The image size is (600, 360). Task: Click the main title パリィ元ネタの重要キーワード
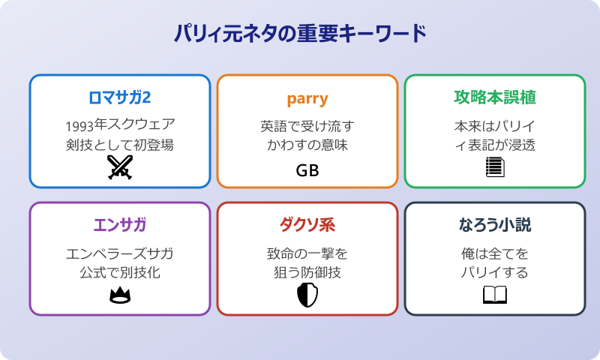click(300, 34)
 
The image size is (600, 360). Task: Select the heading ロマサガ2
click(120, 98)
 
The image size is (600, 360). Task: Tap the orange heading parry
click(307, 98)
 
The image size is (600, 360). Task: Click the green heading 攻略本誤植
click(495, 98)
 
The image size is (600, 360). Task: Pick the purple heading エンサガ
click(120, 226)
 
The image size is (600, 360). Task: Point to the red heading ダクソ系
click(307, 226)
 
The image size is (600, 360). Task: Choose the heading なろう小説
click(495, 226)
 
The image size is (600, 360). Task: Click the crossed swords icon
click(120, 166)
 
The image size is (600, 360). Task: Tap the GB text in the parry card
click(307, 170)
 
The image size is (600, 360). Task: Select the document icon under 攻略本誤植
click(495, 166)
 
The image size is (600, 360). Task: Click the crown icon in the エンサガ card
click(120, 295)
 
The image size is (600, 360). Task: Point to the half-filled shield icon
click(307, 295)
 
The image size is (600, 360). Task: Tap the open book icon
click(495, 295)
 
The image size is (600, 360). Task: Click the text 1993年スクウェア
click(120, 124)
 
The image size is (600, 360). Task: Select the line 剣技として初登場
click(120, 145)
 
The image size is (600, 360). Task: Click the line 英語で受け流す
click(307, 124)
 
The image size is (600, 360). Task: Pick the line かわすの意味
click(307, 145)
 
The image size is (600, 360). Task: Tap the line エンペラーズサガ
click(120, 252)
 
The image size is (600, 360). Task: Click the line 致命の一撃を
click(307, 252)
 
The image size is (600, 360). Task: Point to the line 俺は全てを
click(495, 252)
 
